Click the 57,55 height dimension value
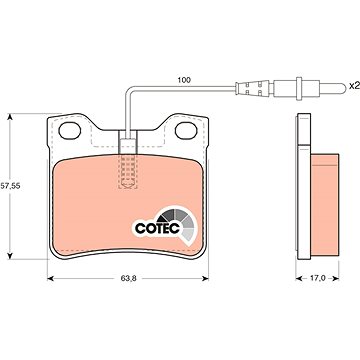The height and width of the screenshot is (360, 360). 10,186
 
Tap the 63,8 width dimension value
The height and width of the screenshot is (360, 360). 128,279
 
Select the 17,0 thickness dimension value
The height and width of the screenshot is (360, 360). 318,278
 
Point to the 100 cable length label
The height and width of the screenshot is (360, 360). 184,80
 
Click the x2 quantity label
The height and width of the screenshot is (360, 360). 353,86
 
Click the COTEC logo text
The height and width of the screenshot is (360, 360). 157,228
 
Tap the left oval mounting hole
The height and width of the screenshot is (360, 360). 70,131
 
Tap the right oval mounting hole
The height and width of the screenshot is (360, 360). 186,131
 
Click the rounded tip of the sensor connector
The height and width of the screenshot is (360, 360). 343,88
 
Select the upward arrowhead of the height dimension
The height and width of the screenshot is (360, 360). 10,116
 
